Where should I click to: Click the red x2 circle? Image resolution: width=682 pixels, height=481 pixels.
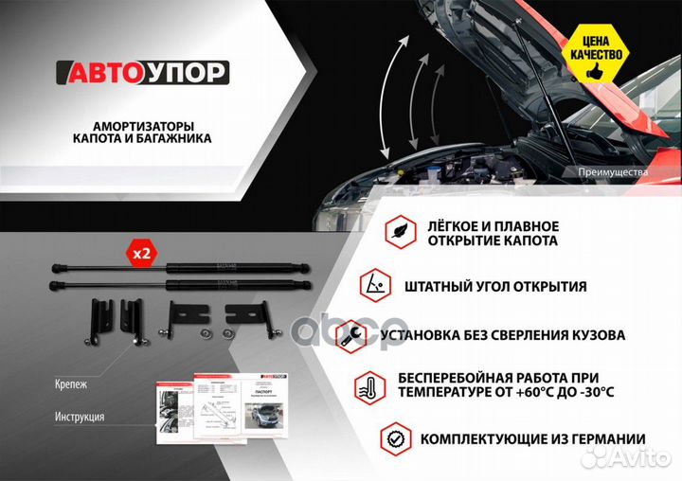click(141, 254)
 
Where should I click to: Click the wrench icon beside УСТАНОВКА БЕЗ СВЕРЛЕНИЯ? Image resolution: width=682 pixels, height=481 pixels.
click(352, 334)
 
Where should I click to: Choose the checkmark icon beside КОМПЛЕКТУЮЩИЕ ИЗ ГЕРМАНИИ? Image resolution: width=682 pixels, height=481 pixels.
click(395, 438)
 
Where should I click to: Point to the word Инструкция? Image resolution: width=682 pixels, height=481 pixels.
click(80, 417)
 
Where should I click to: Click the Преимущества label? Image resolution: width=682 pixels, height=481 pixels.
click(612, 172)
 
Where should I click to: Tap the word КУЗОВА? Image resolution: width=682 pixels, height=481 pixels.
click(598, 335)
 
